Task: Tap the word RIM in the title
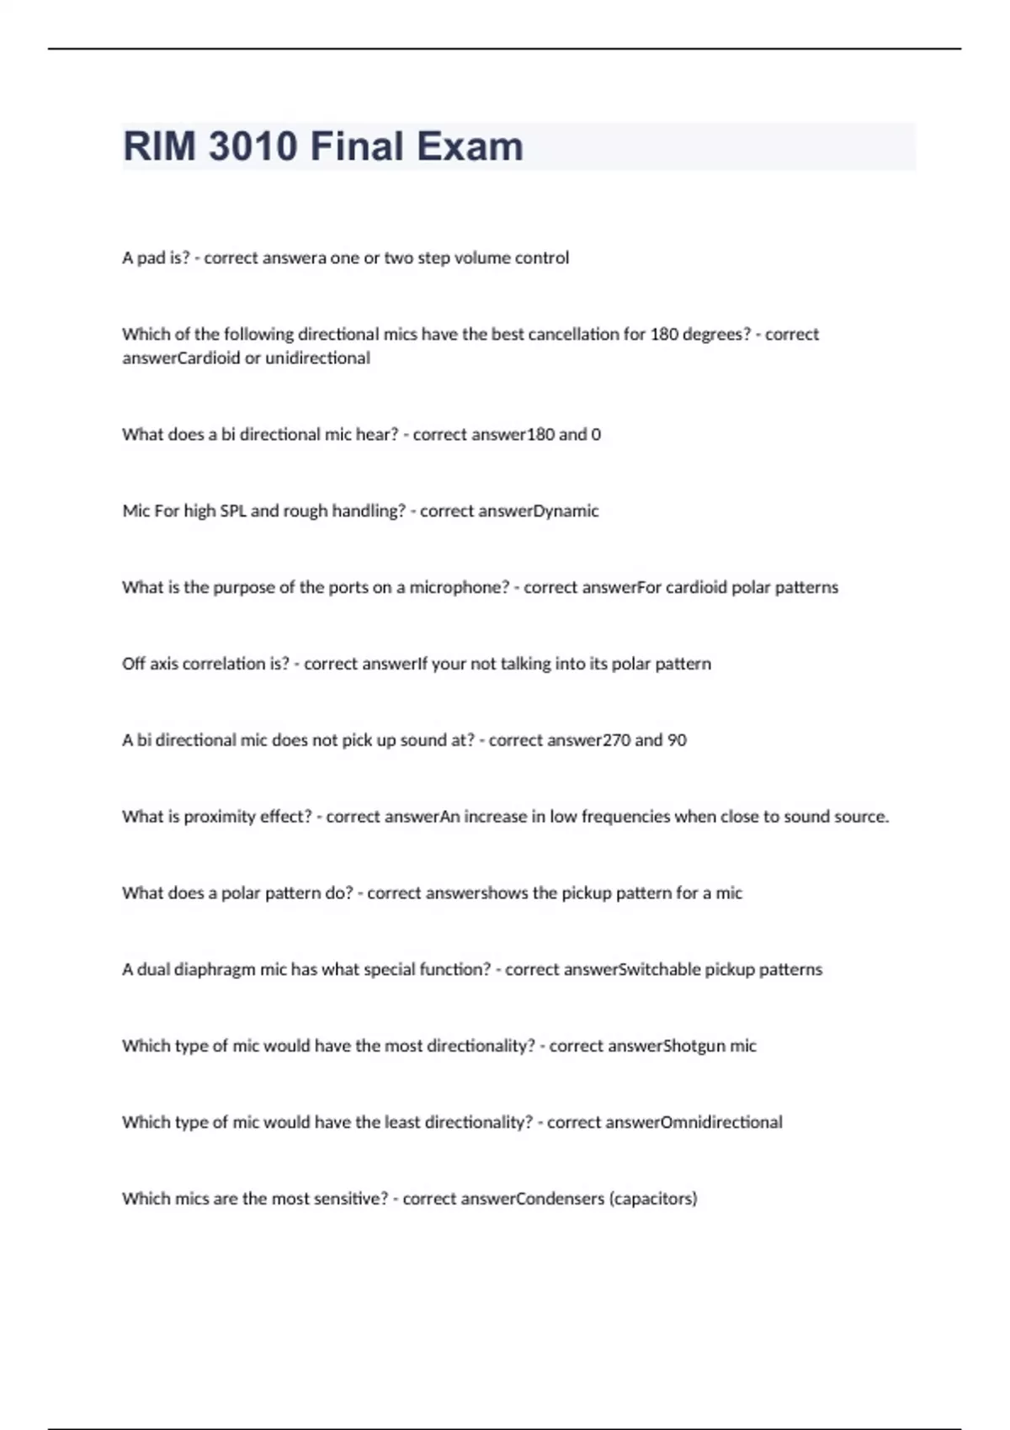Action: (x=160, y=146)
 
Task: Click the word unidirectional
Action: (x=317, y=358)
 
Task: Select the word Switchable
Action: (x=659, y=970)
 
